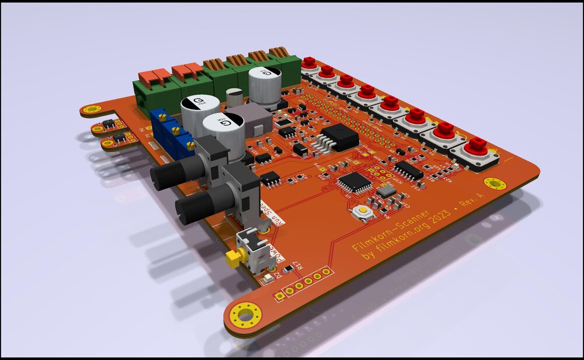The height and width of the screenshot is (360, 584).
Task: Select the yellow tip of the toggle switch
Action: tap(233, 258)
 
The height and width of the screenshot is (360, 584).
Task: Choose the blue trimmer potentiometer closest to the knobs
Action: tap(183, 144)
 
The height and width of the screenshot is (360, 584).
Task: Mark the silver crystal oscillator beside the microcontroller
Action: tap(386, 192)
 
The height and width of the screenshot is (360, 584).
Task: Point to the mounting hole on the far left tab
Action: tap(89, 109)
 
